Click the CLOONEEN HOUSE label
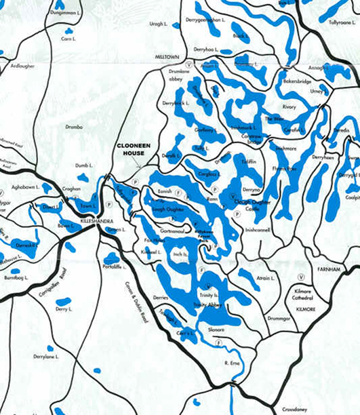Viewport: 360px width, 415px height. click(138, 149)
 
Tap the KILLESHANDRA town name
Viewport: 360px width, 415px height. click(95, 222)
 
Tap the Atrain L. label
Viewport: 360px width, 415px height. click(264, 279)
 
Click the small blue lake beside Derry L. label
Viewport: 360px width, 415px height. click(63, 301)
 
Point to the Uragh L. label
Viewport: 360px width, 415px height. click(158, 24)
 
